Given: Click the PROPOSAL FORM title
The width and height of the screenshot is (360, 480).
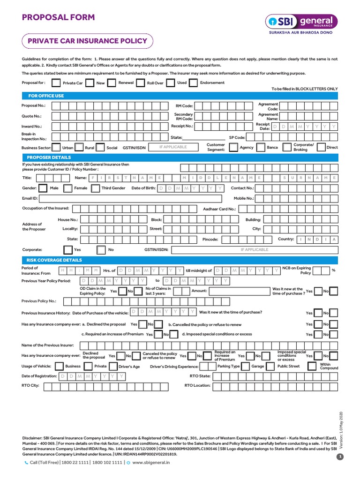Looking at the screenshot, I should pos(58,18).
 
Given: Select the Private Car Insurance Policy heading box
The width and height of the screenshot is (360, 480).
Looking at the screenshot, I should pos(88,41).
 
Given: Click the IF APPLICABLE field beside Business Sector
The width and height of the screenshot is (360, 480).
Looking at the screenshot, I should pos(173,147).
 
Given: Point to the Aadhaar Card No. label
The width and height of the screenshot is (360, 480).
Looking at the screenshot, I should pos(219,209).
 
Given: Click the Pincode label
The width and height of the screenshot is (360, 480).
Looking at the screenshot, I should pos(210,240).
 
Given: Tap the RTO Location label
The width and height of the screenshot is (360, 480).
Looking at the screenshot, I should pos(197,386).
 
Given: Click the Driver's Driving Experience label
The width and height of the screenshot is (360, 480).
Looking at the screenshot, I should pos(174,367).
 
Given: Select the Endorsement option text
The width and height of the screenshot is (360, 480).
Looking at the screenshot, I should pos(212,83).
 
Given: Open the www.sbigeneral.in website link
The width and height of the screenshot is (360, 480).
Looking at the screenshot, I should pos(151,462).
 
